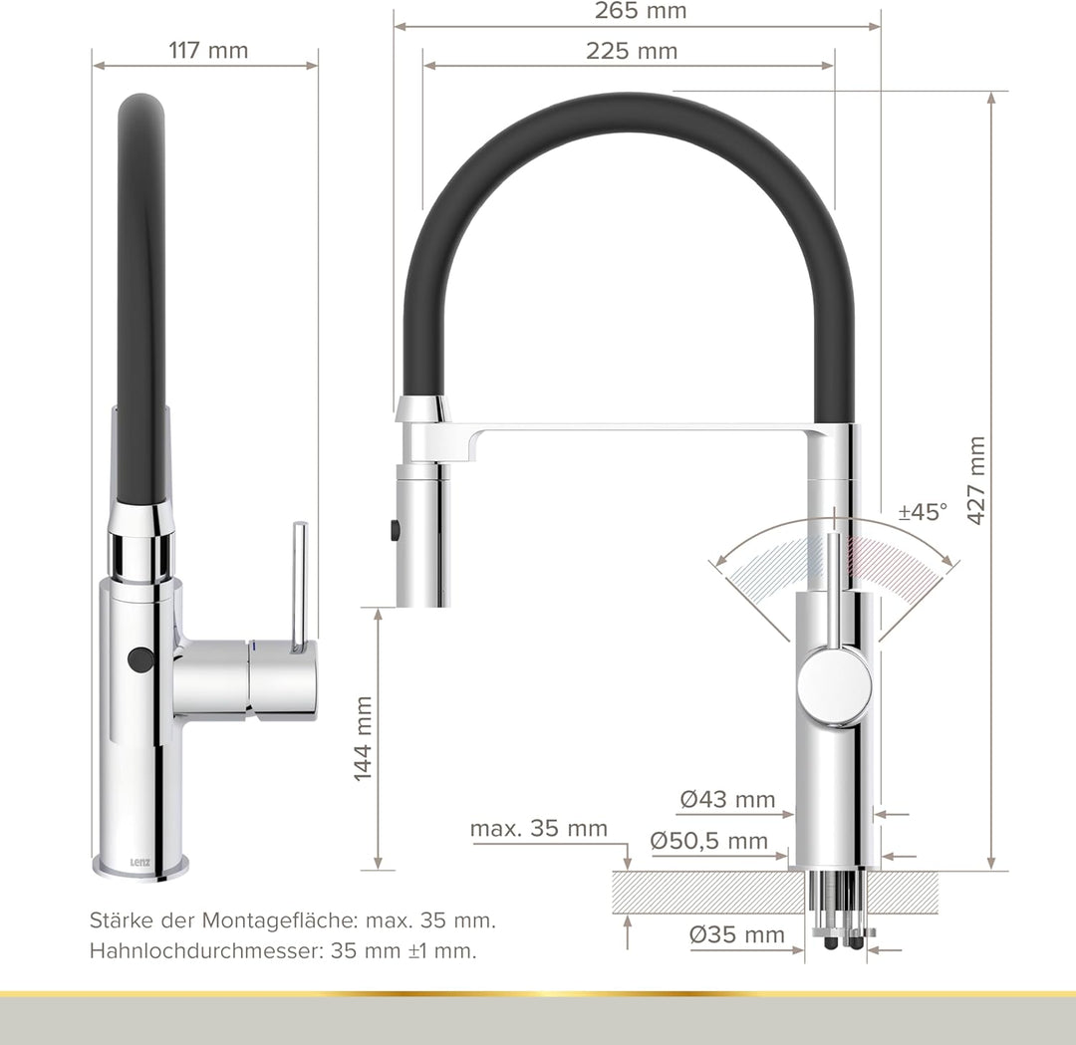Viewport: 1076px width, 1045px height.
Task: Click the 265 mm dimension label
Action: (640, 12)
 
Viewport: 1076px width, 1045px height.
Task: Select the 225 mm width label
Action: (631, 51)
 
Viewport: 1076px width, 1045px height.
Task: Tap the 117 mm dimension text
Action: (208, 49)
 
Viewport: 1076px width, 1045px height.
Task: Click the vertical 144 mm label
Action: (364, 738)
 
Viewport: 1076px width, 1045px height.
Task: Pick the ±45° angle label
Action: (923, 512)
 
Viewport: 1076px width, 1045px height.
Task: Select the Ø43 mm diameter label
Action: (727, 799)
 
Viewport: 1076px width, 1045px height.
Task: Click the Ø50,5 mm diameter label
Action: (709, 841)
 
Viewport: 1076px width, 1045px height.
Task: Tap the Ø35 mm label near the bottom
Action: (737, 934)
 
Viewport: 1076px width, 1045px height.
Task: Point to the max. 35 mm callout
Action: (538, 829)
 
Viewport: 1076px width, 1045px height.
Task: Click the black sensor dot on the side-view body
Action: (140, 658)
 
